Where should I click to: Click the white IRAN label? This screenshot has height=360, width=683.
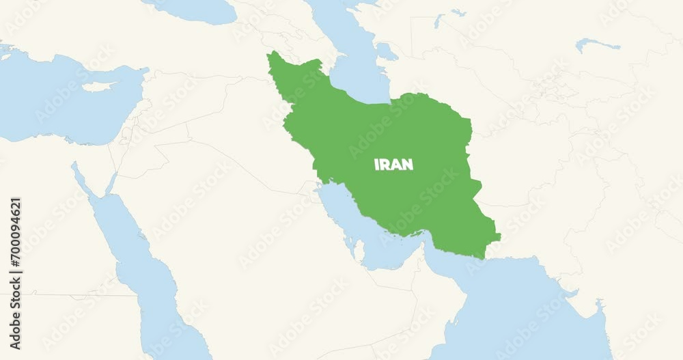click(393, 165)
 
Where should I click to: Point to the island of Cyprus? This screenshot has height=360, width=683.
click(97, 87)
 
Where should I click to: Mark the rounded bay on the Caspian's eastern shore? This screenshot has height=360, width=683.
click(387, 51)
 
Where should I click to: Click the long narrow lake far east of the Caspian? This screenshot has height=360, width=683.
click(598, 45)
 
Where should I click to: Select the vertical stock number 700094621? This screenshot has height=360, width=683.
click(15, 246)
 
